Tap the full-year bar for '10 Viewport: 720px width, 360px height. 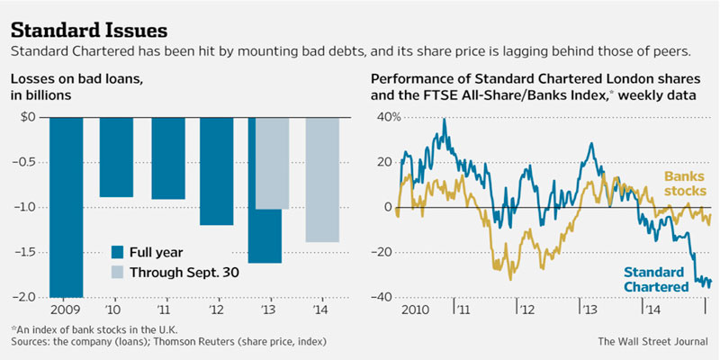click(x=116, y=157)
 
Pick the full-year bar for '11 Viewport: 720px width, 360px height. click(x=167, y=157)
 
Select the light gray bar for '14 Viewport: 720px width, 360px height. click(x=322, y=179)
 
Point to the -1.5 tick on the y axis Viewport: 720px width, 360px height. click(x=29, y=253)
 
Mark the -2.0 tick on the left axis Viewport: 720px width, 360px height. click(x=29, y=298)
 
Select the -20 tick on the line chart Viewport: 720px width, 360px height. click(x=385, y=253)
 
